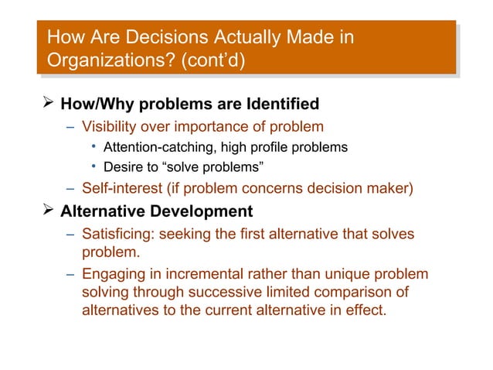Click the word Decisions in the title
[152, 36]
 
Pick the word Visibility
[111, 126]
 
